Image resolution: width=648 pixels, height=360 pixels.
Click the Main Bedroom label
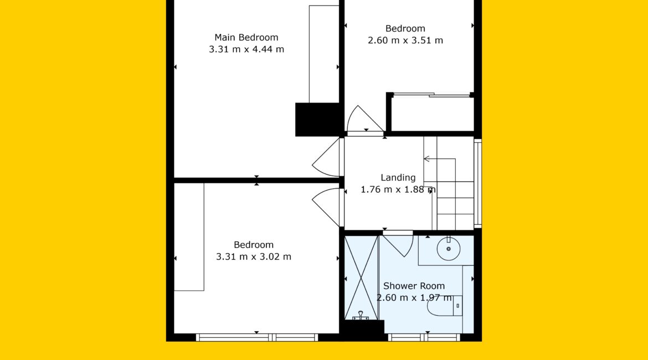246,38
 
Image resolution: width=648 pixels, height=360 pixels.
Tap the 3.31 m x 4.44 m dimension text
246,49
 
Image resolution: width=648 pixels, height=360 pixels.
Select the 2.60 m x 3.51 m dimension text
405,40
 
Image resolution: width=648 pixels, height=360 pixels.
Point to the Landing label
398,178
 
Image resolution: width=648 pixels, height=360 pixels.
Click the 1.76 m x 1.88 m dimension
398,190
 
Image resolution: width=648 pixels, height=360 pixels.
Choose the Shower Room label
414,286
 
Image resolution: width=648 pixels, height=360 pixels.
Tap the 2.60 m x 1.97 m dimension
414,297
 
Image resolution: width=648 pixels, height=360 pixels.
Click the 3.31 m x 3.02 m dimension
254,256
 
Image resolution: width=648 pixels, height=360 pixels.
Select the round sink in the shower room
449,249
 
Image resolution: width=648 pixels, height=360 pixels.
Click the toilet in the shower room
444,306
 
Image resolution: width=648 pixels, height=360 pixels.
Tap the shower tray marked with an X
362,277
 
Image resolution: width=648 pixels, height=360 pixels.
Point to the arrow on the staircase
440,159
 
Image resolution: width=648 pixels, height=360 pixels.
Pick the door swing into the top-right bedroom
364,120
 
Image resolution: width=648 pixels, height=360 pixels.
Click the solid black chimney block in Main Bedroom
317,120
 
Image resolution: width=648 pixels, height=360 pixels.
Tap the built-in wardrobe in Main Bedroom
324,54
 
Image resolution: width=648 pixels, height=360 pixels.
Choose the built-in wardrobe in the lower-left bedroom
189,237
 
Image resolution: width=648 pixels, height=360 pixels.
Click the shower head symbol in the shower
361,316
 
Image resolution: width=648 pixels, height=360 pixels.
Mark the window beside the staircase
478,183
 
